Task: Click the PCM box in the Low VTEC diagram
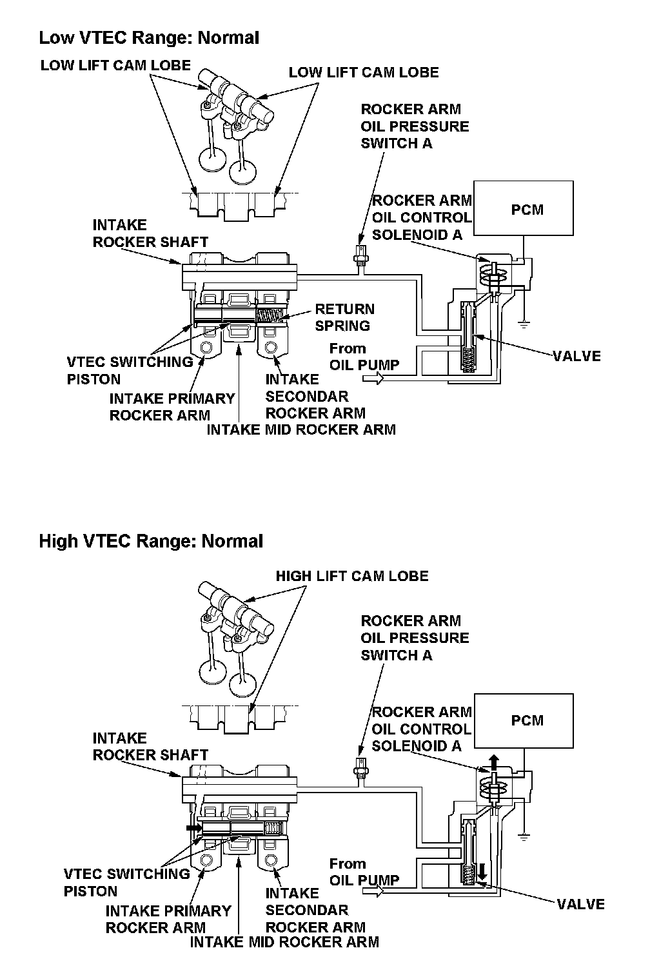coord(523,208)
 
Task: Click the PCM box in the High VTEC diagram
coord(523,720)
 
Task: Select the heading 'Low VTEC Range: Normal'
coord(149,37)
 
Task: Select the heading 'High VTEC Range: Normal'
coord(151,540)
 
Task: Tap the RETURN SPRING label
coord(344,317)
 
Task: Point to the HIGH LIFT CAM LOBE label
coord(352,576)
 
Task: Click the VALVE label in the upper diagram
coord(577,356)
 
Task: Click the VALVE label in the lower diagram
coord(581,904)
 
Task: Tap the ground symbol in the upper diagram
coord(524,322)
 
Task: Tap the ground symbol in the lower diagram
coord(524,836)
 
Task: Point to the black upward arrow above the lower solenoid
coord(493,762)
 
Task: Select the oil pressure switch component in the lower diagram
coord(361,767)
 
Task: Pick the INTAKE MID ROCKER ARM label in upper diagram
coord(301,429)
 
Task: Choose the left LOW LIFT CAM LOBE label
coord(115,65)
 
